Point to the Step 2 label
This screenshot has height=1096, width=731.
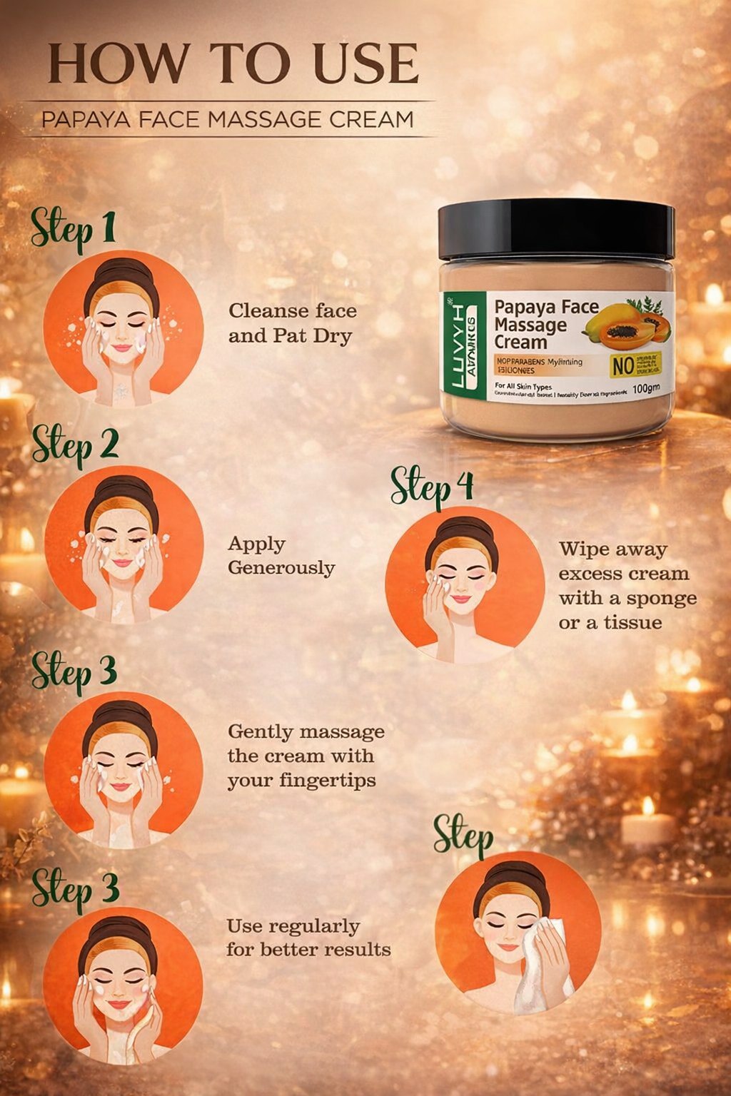pos(75,445)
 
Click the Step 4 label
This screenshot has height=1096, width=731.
pos(432,487)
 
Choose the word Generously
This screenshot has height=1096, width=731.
pos(281,568)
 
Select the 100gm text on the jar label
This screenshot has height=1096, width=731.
pos(646,390)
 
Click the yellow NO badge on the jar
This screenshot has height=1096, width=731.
pos(623,365)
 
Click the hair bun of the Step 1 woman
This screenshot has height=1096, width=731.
pos(122,272)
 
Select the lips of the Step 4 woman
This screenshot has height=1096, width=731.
pos(460,600)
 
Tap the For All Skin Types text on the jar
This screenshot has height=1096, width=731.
pos(523,387)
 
